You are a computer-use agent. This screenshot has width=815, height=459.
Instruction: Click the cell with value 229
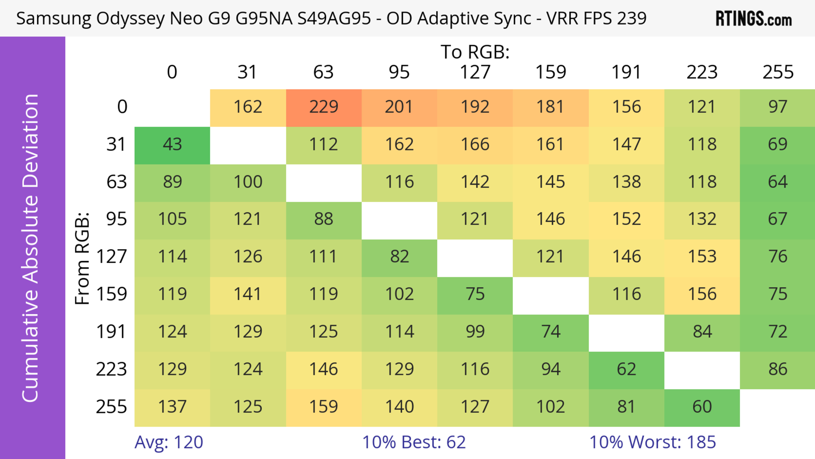pos(324,107)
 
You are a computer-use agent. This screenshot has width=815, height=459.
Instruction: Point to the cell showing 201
pos(399,107)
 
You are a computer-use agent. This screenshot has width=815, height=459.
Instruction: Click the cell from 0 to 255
pos(777,107)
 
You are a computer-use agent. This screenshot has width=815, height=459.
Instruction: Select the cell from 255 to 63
pos(324,407)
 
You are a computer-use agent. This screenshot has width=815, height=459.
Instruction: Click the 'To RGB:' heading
pos(475,52)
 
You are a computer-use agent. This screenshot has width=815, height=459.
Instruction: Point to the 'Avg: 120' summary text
pos(169,442)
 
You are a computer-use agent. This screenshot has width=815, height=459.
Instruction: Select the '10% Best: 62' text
pos(414,442)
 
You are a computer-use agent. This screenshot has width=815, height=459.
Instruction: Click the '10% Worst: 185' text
pos(652,442)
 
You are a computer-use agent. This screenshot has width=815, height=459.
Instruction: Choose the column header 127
pos(475,72)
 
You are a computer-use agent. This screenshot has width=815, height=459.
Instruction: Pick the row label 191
pos(111,332)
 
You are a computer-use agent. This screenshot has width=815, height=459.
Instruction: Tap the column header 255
pos(778,72)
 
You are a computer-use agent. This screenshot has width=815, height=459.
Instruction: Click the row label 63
pos(117,182)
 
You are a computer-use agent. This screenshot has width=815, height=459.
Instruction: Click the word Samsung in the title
pos(53,19)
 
